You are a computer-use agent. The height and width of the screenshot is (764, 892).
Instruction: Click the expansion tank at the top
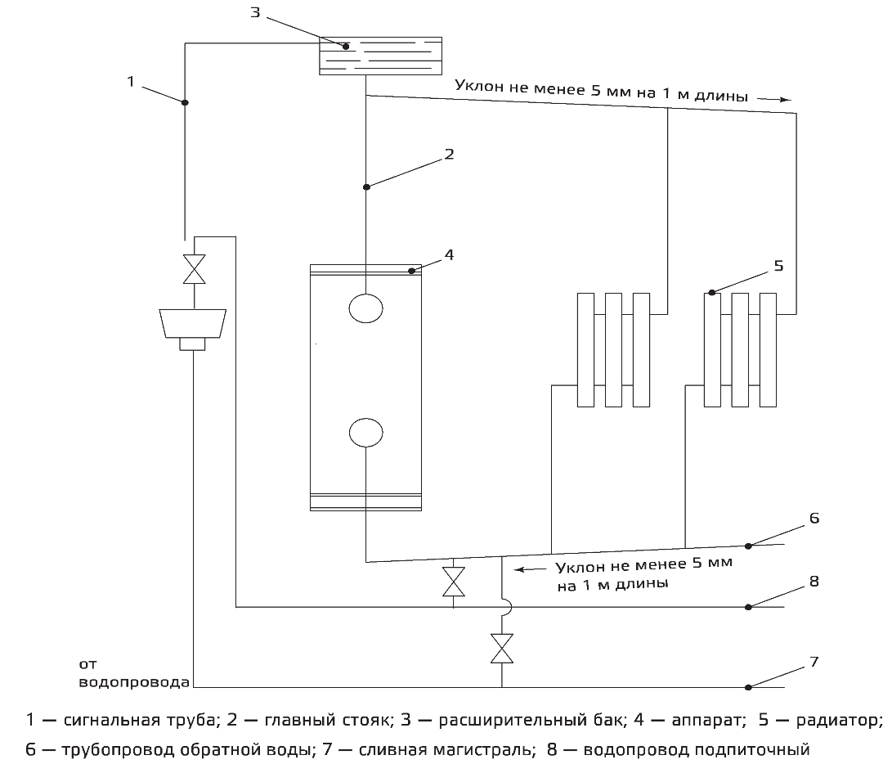(380, 56)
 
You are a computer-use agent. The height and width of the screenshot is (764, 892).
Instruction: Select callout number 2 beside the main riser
(449, 153)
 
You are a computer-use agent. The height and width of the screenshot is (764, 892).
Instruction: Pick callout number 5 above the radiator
(778, 265)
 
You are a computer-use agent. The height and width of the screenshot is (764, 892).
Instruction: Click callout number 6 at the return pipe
(814, 519)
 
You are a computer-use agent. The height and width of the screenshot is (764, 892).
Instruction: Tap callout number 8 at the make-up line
(814, 582)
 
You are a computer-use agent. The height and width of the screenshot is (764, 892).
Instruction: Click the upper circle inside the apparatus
(365, 308)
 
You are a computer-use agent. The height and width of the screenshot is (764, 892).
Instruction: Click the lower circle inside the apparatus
(365, 432)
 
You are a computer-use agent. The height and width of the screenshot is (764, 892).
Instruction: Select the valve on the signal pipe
(195, 269)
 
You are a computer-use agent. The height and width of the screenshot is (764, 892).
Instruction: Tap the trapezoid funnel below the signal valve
(193, 322)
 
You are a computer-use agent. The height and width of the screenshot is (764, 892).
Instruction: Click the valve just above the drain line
(500, 649)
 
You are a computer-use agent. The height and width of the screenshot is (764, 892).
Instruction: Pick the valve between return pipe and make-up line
(453, 581)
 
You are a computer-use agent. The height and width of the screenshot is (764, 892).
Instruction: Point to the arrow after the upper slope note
(773, 98)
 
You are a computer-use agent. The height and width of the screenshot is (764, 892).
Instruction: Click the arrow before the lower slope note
(529, 569)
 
